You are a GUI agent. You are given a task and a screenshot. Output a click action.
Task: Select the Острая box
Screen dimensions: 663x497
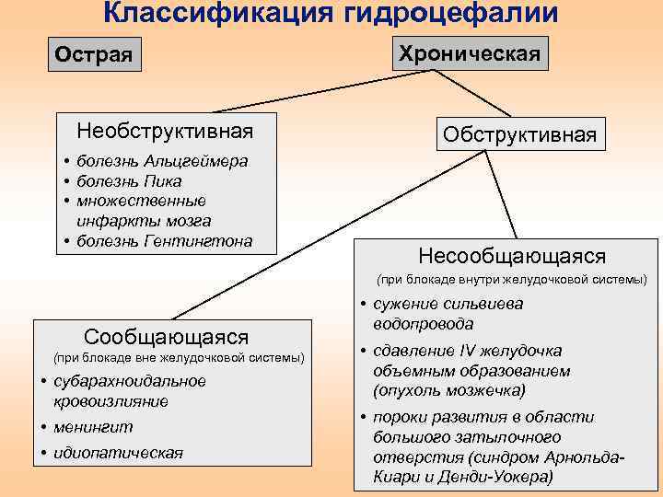[x=94, y=54]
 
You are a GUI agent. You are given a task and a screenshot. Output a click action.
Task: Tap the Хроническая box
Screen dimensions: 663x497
[x=470, y=52]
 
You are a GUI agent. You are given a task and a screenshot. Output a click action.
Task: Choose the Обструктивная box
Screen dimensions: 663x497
[x=519, y=134]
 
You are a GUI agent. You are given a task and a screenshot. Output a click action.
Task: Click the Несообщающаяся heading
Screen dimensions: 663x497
[x=512, y=254]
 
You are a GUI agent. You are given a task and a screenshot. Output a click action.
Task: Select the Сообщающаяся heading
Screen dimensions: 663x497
[x=167, y=337]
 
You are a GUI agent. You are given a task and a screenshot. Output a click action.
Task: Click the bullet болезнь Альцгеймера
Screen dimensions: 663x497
[x=162, y=161]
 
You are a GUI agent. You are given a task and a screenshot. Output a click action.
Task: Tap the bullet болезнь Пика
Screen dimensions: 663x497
[x=130, y=181]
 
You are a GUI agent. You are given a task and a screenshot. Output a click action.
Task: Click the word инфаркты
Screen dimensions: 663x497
[x=111, y=221]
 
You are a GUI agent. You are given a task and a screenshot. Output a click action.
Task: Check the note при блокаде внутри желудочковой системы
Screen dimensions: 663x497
[x=512, y=278]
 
